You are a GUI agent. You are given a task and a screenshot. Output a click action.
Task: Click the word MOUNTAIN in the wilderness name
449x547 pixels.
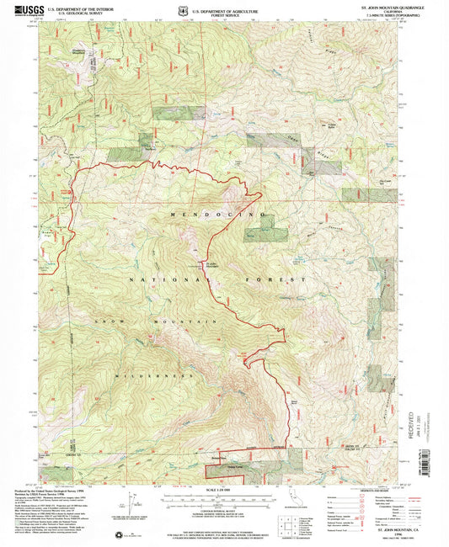pos(184,322)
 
